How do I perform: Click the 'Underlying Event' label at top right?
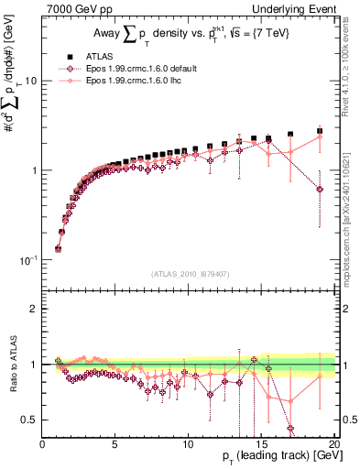point(290,8)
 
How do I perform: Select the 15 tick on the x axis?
point(260,443)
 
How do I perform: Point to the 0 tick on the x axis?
point(43,443)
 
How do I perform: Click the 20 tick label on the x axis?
point(333,443)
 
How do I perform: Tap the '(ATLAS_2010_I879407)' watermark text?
point(189,273)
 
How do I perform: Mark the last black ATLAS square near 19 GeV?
point(320,131)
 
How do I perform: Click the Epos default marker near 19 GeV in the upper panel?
point(320,190)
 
